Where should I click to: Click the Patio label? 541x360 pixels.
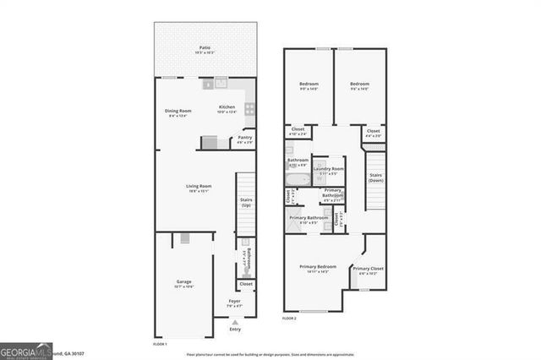click(205, 49)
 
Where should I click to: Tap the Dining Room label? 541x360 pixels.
click(178, 112)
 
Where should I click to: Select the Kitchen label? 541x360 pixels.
click(227, 107)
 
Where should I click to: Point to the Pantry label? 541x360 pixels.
click(244, 138)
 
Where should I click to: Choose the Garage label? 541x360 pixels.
click(183, 282)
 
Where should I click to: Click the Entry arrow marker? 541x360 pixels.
click(235, 323)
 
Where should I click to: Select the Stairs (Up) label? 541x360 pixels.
click(247, 202)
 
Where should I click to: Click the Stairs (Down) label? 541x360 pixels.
click(374, 178)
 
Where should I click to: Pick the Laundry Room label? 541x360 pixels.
click(328, 170)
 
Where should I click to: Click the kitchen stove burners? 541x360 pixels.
click(249, 108)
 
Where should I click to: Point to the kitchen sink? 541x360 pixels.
click(221, 83)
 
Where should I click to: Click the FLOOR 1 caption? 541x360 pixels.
click(160, 344)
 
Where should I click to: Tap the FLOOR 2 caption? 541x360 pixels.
click(289, 317)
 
